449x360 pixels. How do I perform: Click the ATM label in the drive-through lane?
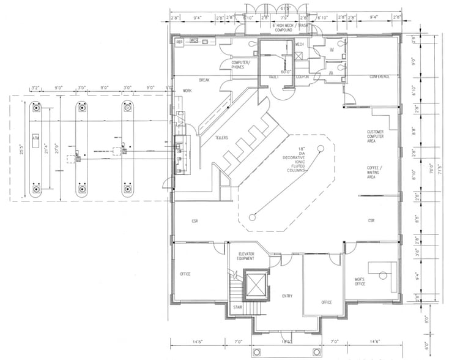coord(35,137)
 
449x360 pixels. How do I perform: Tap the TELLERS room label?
coord(221,138)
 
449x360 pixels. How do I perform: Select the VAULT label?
coord(274,77)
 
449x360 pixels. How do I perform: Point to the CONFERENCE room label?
coord(379,77)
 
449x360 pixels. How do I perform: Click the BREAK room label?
coord(204,80)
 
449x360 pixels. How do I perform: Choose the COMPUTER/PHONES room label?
coord(238,65)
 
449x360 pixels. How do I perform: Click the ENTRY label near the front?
coord(287,296)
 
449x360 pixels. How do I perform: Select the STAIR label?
coord(237,307)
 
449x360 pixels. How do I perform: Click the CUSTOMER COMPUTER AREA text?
coord(375,137)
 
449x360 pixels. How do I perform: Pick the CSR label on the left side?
coord(195,220)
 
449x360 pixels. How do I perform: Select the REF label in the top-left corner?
coord(180,42)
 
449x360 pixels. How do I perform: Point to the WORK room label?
coord(187,91)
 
